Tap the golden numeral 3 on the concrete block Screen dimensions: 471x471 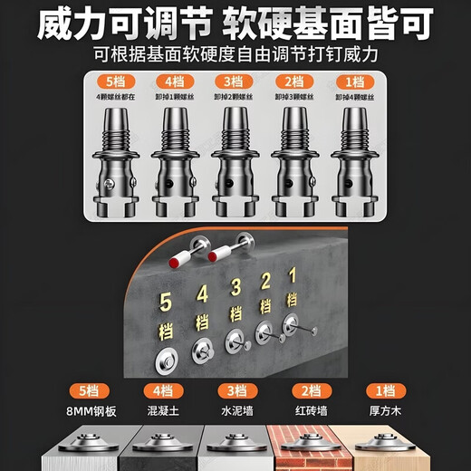(x=235, y=289)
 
